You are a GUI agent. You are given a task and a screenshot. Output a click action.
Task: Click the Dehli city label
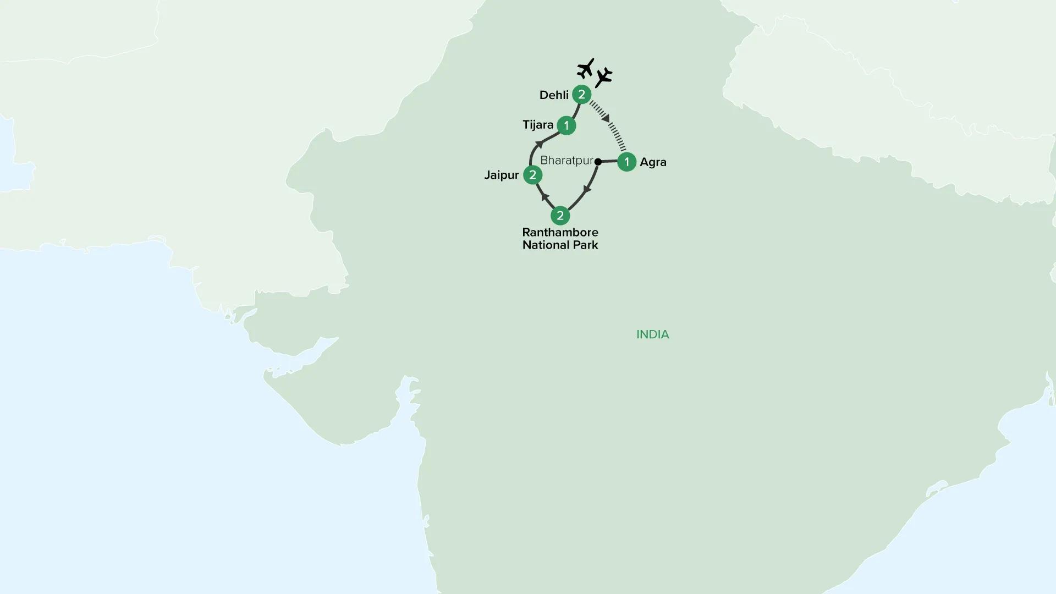553,95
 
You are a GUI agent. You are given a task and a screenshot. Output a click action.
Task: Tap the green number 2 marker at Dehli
581,95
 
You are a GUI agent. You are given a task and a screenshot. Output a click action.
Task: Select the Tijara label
537,125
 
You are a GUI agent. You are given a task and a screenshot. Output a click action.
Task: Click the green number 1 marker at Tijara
566,125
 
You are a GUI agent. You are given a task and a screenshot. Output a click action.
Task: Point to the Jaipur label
501,175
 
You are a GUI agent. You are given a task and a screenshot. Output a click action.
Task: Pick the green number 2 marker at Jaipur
532,175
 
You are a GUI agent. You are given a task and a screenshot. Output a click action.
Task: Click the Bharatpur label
566,161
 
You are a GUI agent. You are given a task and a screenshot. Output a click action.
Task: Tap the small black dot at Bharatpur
598,162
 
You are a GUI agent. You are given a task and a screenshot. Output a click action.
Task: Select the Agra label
653,162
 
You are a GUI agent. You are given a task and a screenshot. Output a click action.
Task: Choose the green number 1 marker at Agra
626,162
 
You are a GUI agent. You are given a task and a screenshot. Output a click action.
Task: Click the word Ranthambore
560,232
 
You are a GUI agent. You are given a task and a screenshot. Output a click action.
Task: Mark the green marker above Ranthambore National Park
560,216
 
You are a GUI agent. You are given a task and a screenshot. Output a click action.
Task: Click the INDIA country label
652,334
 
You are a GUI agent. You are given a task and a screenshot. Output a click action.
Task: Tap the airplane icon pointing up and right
586,69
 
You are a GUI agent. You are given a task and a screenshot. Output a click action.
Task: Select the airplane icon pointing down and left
604,77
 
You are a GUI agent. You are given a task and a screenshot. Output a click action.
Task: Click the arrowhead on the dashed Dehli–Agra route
605,118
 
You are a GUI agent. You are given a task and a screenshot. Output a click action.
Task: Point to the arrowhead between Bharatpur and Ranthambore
587,189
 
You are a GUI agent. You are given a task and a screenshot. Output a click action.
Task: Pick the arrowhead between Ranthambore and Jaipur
544,196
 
